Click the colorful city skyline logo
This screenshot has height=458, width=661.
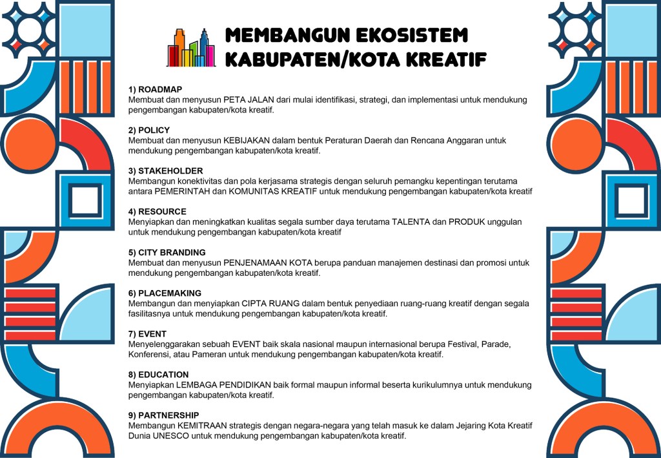coord(190,48)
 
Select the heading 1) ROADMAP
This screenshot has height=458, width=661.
coord(155,89)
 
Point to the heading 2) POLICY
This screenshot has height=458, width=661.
coord(149,130)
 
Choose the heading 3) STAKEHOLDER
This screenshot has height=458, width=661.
coord(166,171)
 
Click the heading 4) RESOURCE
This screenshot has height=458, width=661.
coord(158,211)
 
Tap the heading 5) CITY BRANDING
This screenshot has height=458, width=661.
coord(167,252)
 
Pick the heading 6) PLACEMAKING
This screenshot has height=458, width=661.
coord(165,293)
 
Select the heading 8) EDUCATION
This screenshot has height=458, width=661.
coord(159,375)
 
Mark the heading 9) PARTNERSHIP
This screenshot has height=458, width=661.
coord(164,415)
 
